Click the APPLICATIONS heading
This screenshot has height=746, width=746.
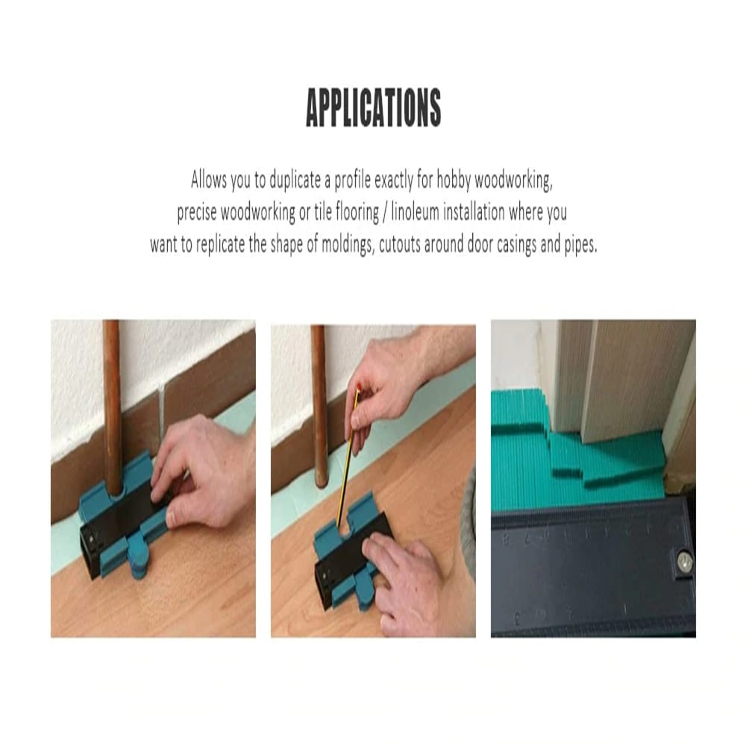pyautogui.click(x=373, y=108)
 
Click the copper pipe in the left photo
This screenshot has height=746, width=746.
pyautogui.click(x=112, y=403)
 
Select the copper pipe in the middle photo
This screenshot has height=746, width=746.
pyautogui.click(x=319, y=403)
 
